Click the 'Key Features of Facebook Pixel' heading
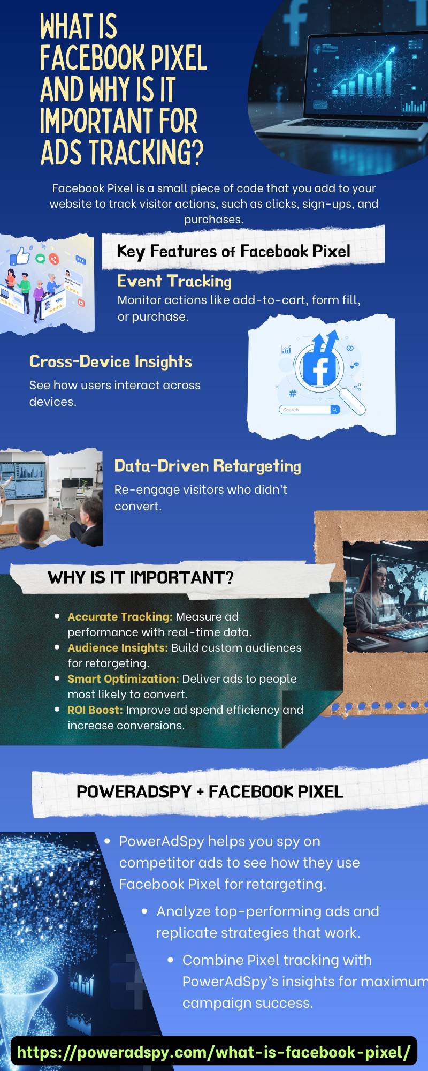pyautogui.click(x=233, y=251)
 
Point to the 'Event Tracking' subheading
pyautogui.click(x=174, y=281)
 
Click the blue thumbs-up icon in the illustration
pyautogui.click(x=20, y=256)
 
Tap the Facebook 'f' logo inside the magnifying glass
pyautogui.click(x=319, y=367)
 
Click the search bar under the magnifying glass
pyautogui.click(x=309, y=410)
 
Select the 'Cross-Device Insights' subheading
pyautogui.click(x=111, y=362)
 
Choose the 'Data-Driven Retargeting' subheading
pyautogui.click(x=208, y=466)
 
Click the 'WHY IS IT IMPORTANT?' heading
pyautogui.click(x=141, y=577)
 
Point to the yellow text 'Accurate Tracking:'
pyautogui.click(x=120, y=617)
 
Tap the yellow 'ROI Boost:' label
pyautogui.click(x=95, y=710)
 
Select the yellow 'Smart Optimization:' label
pyautogui.click(x=123, y=679)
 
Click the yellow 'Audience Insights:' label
pyautogui.click(x=118, y=648)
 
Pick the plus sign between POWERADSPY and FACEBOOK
pyautogui.click(x=200, y=792)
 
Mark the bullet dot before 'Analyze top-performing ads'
pyautogui.click(x=144, y=911)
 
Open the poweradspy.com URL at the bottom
pyautogui.click(x=214, y=1052)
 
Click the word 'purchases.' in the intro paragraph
pyautogui.click(x=214, y=220)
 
